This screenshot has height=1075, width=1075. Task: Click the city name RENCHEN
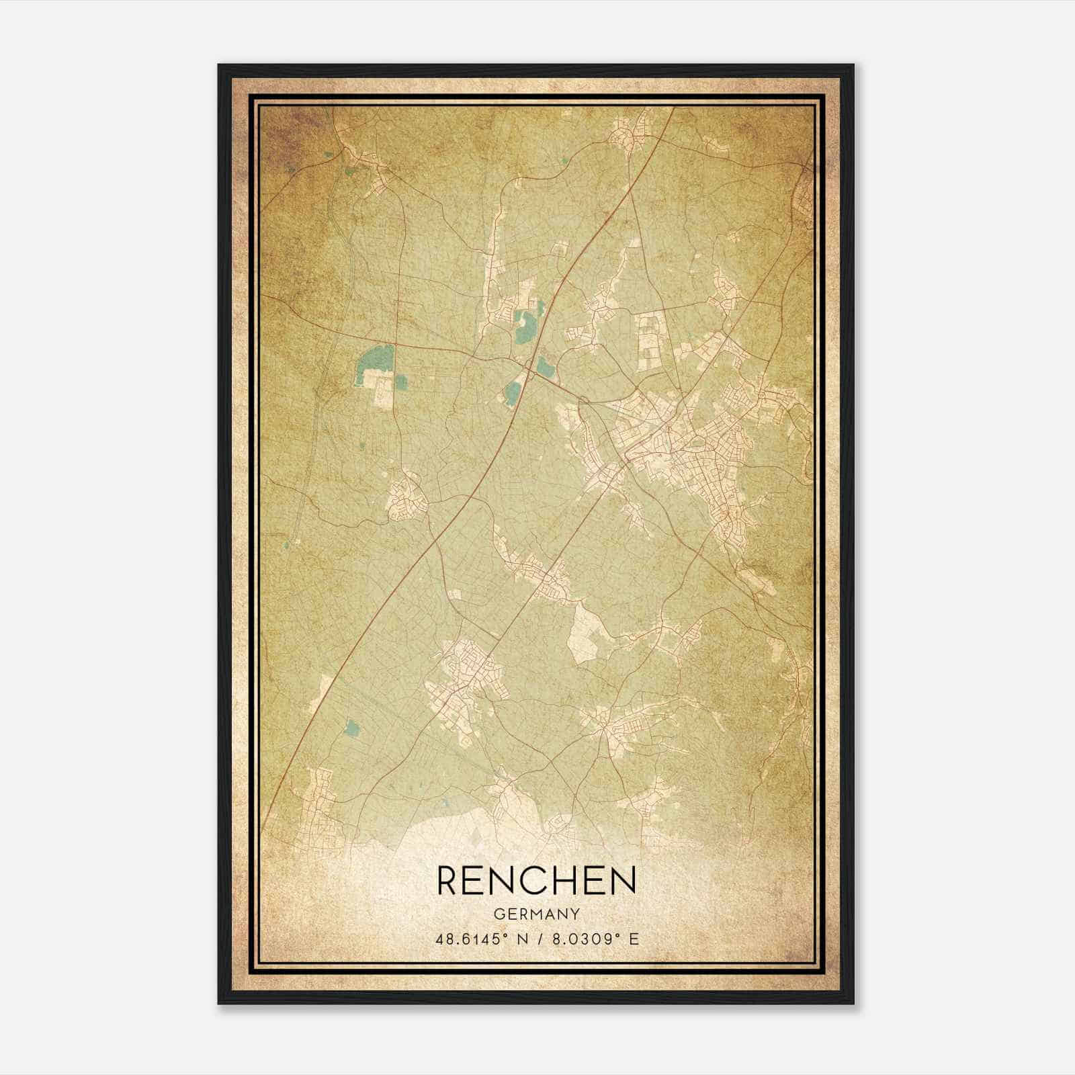click(536, 881)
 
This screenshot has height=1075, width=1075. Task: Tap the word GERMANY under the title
click(536, 914)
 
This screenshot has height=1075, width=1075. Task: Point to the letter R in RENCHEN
click(449, 881)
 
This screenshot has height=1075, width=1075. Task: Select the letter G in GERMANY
click(499, 914)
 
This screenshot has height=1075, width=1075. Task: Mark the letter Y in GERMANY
click(575, 914)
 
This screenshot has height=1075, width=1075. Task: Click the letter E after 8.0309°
click(634, 939)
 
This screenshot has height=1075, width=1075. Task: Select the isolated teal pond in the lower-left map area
click(351, 726)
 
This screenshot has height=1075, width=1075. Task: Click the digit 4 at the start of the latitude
click(439, 939)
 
